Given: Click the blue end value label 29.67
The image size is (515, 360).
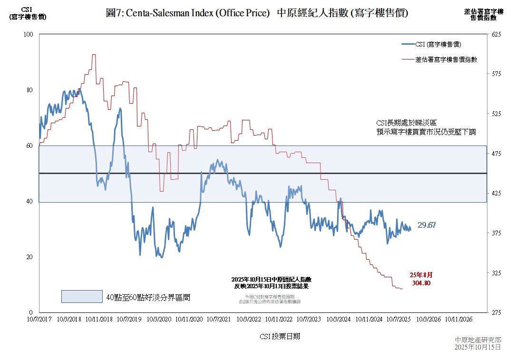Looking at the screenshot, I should [427, 225].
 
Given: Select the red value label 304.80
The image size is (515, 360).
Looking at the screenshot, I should [421, 283].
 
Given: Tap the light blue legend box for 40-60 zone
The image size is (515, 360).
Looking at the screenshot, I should [82, 297].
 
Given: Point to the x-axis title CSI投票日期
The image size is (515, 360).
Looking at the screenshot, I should [280, 336].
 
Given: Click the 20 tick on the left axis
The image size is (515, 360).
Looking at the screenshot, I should [29, 257].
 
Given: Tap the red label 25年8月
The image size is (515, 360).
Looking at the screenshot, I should [421, 275].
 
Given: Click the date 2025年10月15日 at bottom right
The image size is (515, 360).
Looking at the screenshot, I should [477, 348].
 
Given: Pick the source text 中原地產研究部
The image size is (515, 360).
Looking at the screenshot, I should [477, 340].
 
